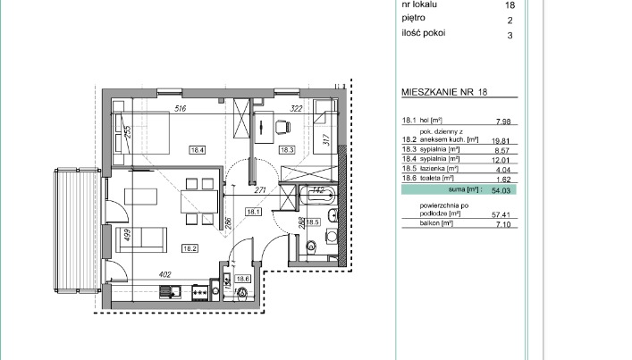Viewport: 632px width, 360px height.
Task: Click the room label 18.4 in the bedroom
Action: [196, 150]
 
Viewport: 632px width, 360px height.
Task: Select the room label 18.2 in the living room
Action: [189, 248]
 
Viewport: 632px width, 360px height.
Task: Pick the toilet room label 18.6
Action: [241, 279]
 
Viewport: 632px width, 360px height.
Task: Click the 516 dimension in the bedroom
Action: [180, 109]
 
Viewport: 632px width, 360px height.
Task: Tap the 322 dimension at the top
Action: [298, 109]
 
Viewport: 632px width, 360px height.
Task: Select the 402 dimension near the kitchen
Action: [164, 275]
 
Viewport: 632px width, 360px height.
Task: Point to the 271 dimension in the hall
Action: [261, 190]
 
